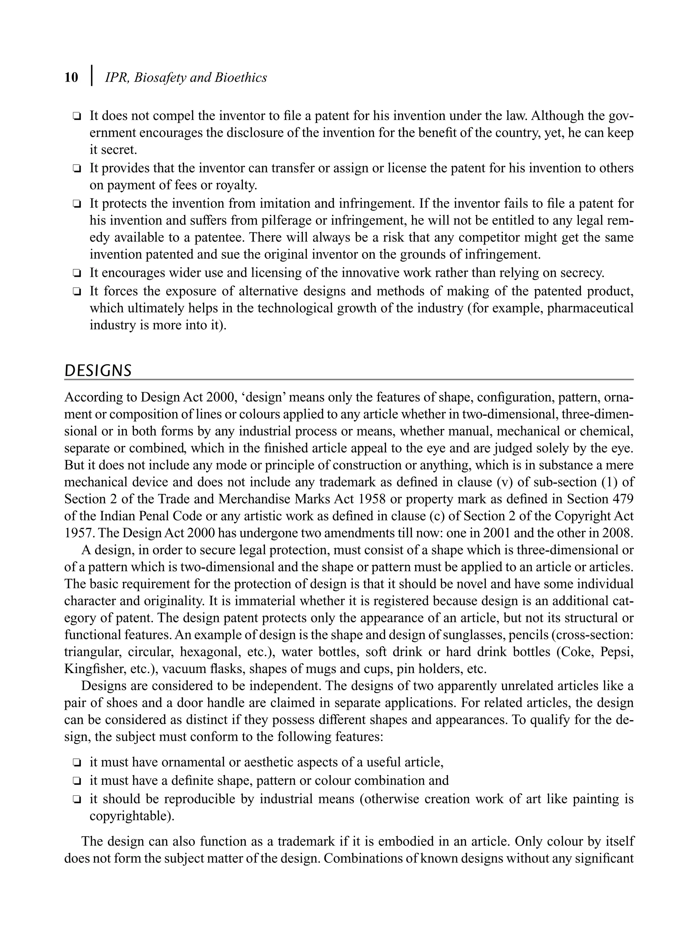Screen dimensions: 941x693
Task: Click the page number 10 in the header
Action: pyautogui.click(x=71, y=78)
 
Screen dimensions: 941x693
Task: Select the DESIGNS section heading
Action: pyautogui.click(x=98, y=371)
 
